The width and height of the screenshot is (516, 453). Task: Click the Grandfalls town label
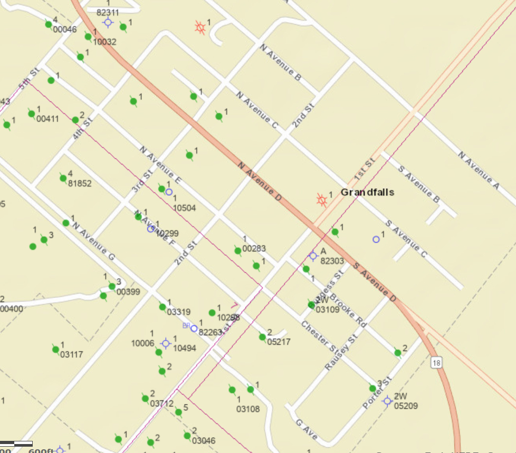coord(367,192)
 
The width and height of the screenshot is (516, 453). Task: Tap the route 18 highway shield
coord(436,362)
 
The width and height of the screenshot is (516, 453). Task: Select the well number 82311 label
coord(108,12)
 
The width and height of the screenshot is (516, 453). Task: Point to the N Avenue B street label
coord(280,62)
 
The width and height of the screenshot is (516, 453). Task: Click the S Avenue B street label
coord(419,184)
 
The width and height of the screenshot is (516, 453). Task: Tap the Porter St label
coord(377,392)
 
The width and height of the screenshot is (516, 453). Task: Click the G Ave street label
coord(307,429)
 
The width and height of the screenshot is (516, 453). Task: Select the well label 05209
coord(405,406)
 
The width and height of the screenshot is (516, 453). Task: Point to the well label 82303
coord(332,261)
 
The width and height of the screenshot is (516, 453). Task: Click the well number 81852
coord(80,184)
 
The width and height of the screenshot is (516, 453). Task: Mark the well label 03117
coord(71,354)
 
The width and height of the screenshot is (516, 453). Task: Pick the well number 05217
coord(279,342)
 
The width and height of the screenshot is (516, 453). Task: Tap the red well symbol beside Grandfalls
coord(321,200)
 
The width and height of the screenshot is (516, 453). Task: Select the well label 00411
coord(47,119)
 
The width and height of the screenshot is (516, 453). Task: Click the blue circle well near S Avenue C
coord(376,239)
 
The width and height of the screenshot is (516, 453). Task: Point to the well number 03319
coord(178,312)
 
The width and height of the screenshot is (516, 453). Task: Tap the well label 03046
coord(203,441)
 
